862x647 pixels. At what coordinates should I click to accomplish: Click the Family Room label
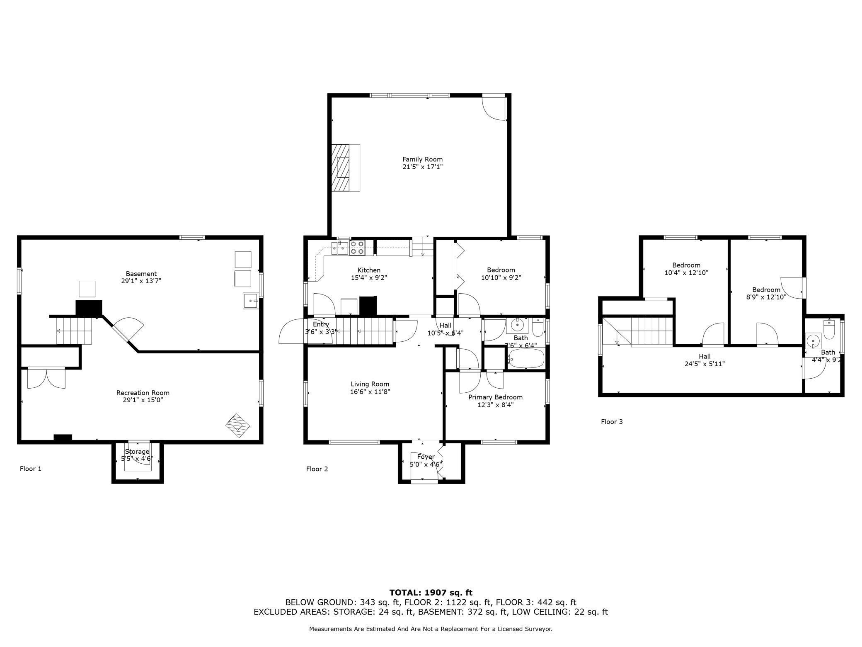422,159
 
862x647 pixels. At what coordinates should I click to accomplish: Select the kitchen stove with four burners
357,248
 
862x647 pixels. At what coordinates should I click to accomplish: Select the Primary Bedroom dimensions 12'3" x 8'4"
495,405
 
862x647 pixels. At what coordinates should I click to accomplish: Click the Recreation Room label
143,393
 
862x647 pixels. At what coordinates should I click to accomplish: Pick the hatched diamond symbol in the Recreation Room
238,426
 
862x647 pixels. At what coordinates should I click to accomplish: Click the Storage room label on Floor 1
137,452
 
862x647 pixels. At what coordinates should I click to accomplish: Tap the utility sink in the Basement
250,301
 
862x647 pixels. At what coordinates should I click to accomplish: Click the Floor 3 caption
612,422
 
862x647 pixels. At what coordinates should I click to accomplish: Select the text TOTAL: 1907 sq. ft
431,593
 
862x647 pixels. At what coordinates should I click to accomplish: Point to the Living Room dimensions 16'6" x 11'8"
370,392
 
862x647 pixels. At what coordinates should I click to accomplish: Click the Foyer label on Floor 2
426,457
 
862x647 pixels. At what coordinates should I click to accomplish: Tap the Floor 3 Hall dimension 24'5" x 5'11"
705,364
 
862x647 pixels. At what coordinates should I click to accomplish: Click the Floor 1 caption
31,469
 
